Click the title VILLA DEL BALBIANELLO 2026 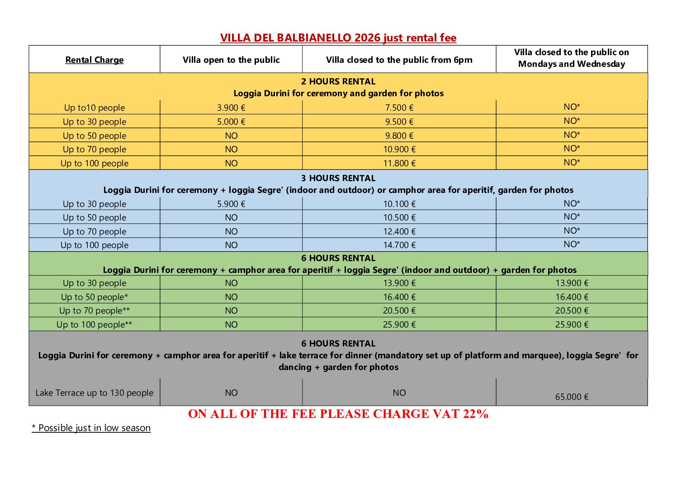pos(338,38)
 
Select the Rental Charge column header pos(94,60)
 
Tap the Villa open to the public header pos(231,60)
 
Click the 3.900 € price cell pos(231,108)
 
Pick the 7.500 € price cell pos(399,108)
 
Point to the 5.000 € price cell pos(231,122)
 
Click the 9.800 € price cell pos(399,136)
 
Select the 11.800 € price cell pos(399,164)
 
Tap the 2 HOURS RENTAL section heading pos(338,82)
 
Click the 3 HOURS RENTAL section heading pos(338,178)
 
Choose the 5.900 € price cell pos(231,204)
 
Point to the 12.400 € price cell pos(399,232)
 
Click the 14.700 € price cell pos(399,245)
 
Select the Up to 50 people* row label pos(94,297)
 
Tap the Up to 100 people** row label pos(94,325)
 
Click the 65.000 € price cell pos(572,397)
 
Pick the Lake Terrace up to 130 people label pos(94,393)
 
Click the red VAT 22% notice pos(338,414)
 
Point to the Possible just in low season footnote pos(91,428)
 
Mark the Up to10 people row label pos(94,108)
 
